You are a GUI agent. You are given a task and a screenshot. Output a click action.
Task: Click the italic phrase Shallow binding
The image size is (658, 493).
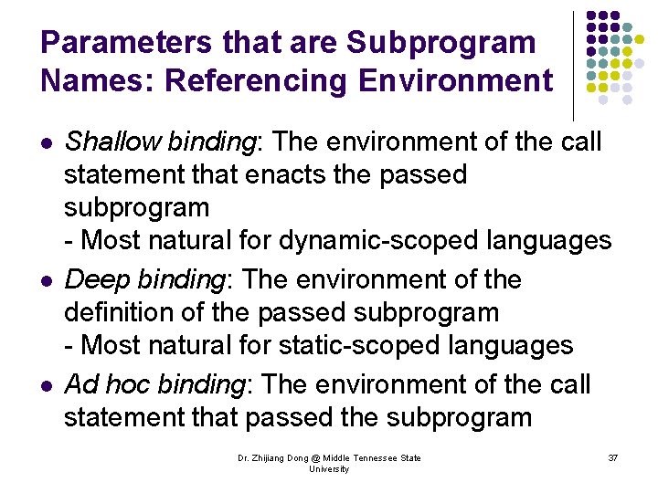tap(160, 142)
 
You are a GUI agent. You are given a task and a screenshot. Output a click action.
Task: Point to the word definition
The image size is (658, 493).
tap(122, 313)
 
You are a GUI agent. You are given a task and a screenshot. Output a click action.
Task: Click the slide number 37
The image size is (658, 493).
tap(612, 457)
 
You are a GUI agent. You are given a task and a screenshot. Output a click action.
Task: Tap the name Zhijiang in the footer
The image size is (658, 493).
tap(277, 458)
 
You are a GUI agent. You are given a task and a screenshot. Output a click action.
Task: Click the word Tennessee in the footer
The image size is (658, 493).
tap(372, 458)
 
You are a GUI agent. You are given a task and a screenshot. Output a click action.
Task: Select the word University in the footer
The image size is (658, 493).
tap(329, 469)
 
